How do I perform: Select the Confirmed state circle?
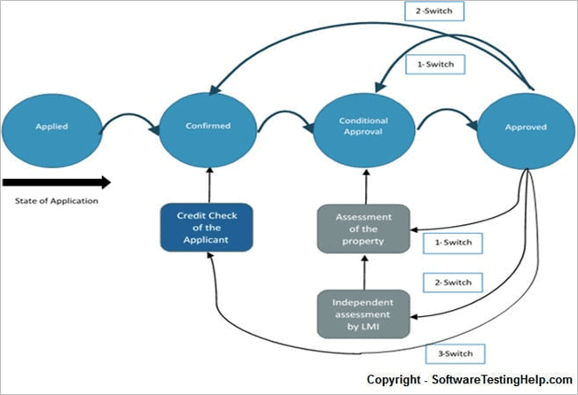click(209, 126)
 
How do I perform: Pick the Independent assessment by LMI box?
click(363, 312)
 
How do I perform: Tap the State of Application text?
click(56, 200)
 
